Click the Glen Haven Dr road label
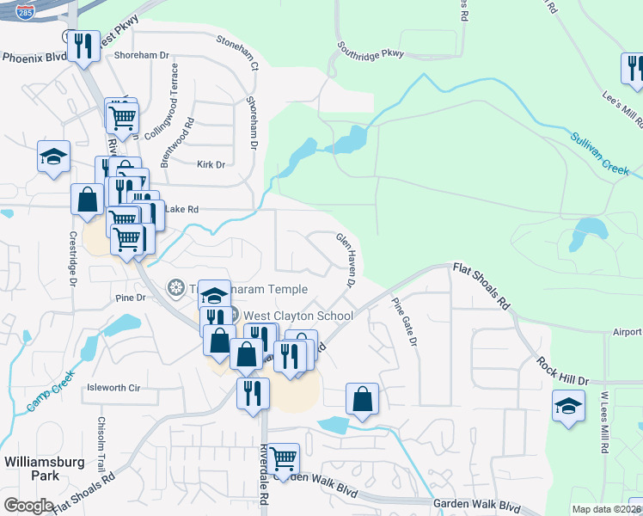click(x=346, y=259)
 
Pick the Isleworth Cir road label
click(x=113, y=388)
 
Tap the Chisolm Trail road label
click(x=101, y=439)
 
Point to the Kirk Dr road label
click(x=210, y=164)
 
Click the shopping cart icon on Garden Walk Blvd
click(x=283, y=458)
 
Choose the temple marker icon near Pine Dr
click(x=176, y=286)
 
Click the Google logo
click(x=28, y=505)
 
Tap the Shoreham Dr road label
click(x=141, y=55)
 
